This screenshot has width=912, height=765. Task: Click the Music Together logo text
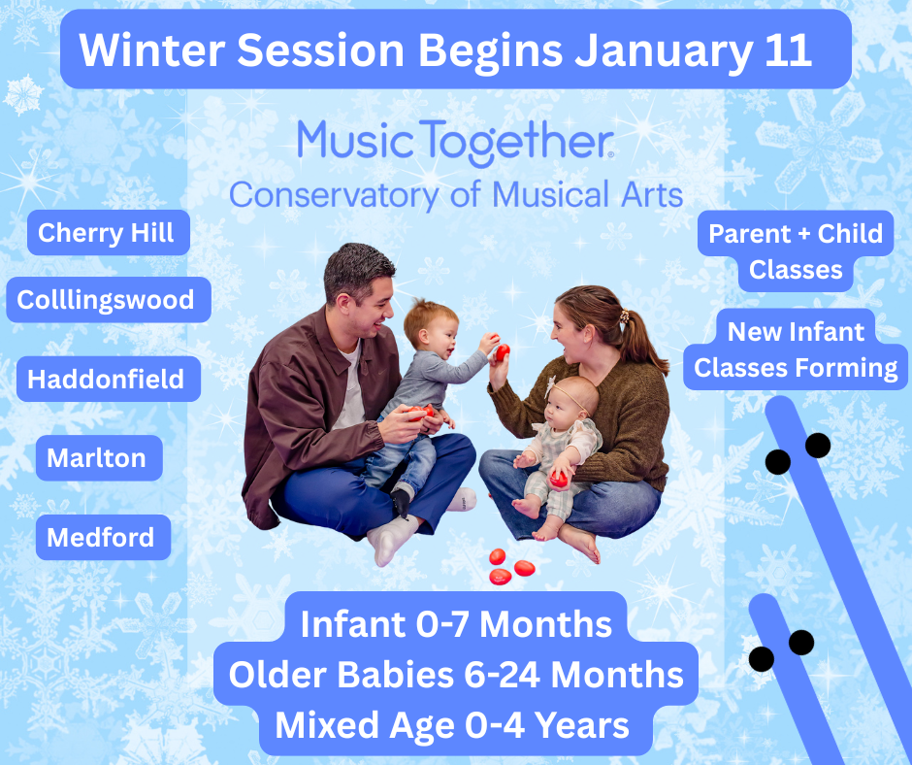455,143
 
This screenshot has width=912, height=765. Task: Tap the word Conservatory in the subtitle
335,195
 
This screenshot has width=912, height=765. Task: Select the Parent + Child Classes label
796,250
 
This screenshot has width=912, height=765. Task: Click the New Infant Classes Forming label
796,349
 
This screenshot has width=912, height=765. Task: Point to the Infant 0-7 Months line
456,624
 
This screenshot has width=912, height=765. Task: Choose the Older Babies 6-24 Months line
456,675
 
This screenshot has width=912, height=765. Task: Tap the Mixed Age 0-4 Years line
452,725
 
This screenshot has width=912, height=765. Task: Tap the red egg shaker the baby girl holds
559,479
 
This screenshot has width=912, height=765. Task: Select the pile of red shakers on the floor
510,567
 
